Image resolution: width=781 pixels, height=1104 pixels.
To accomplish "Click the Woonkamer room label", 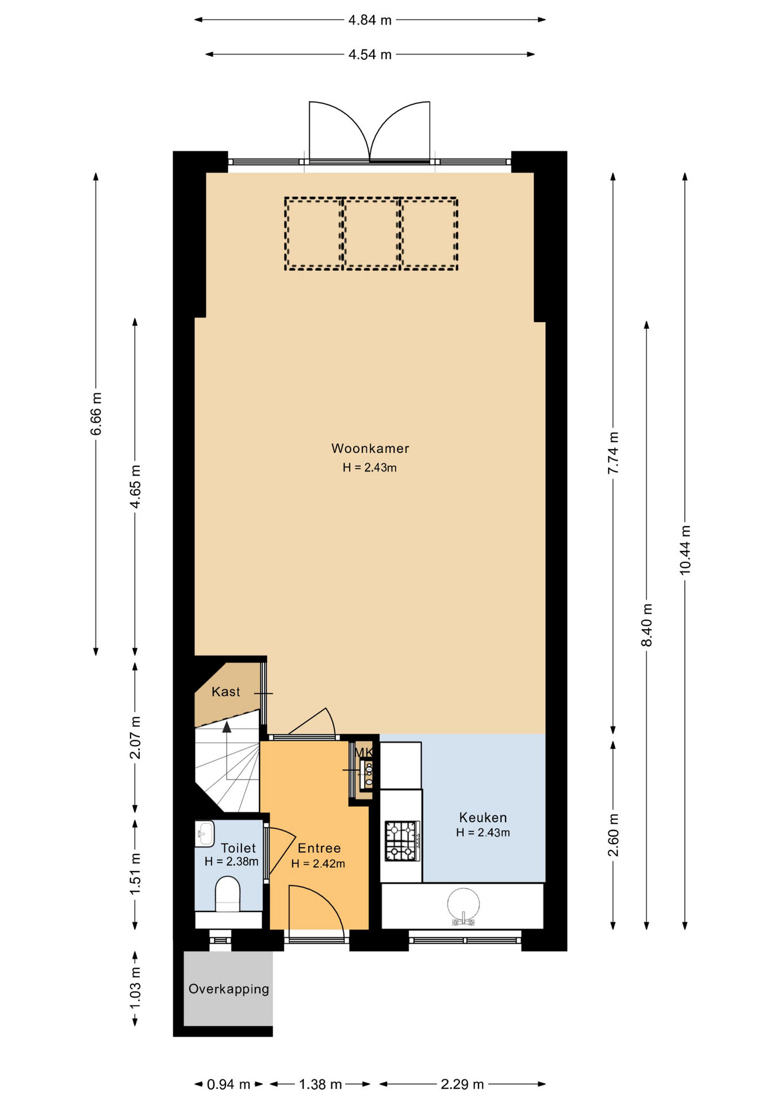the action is tap(370, 448).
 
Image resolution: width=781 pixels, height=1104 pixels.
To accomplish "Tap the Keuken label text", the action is tap(483, 818).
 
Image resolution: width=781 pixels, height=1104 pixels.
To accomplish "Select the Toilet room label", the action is tap(238, 848).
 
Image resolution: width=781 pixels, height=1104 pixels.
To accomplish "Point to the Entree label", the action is tap(319, 848).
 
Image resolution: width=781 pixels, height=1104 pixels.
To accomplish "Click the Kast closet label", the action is tap(226, 692).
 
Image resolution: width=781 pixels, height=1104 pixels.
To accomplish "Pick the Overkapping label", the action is tap(229, 989).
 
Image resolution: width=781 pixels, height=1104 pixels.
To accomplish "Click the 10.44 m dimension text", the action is tap(685, 550).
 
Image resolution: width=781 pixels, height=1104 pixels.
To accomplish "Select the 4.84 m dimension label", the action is tap(370, 20).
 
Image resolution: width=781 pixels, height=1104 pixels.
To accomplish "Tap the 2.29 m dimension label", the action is tap(462, 1084).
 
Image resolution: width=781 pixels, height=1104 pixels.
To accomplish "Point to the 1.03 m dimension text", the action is tap(135, 987).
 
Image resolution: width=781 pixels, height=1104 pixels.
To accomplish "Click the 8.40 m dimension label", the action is tap(647, 625).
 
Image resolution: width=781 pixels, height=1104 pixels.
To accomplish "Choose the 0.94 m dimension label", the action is tap(228, 1084).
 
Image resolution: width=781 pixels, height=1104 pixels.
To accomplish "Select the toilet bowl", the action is tap(228, 895).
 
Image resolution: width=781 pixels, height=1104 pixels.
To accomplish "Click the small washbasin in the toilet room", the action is tap(204, 834).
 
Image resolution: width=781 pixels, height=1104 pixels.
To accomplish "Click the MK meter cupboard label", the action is tap(363, 752).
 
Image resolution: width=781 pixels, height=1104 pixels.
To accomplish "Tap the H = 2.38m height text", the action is tap(231, 861).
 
